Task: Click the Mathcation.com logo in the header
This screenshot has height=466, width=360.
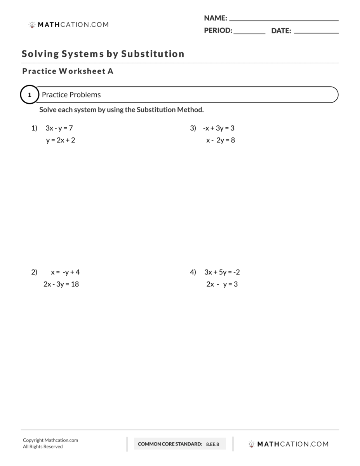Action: point(69,24)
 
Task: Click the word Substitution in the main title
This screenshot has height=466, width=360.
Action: point(153,54)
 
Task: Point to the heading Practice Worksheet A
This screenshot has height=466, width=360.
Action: point(68,71)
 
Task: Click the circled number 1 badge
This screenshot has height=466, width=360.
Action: point(30,95)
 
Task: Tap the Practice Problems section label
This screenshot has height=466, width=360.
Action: point(71,95)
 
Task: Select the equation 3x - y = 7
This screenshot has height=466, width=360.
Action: point(59,128)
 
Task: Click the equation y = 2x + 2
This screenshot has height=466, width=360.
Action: point(61,140)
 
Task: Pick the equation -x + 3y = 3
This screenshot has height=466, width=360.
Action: point(218,128)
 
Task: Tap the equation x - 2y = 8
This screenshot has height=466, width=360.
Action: point(221,140)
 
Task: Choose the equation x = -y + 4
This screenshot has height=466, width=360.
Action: point(65,272)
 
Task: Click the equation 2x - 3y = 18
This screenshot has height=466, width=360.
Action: point(61,284)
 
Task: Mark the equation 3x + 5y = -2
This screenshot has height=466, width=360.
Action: point(222,272)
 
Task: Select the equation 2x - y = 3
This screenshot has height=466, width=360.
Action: point(222,284)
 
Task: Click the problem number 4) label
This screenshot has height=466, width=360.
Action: point(193,272)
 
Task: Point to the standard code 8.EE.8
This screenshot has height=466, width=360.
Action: point(212,444)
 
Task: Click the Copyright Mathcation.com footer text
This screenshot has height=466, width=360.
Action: point(50,440)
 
